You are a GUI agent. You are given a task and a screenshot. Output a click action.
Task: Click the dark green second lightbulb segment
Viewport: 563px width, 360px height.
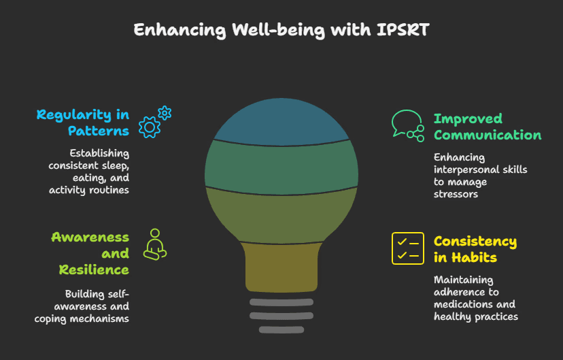281,163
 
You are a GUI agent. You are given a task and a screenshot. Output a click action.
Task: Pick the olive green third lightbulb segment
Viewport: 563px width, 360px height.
281,214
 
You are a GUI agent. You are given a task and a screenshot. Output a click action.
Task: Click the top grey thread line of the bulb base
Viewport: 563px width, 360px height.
281,301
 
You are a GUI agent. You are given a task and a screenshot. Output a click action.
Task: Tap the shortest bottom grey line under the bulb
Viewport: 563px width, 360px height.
281,330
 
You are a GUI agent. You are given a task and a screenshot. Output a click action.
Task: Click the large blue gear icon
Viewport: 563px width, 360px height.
149,127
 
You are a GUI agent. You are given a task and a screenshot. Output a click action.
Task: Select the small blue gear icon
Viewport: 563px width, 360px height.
164,112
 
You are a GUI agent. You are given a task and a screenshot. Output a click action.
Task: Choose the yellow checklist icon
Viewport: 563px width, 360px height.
407,248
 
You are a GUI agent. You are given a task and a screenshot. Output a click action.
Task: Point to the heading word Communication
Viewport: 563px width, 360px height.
488,135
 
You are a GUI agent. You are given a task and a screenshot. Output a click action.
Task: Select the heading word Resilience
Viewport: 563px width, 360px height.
94,269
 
